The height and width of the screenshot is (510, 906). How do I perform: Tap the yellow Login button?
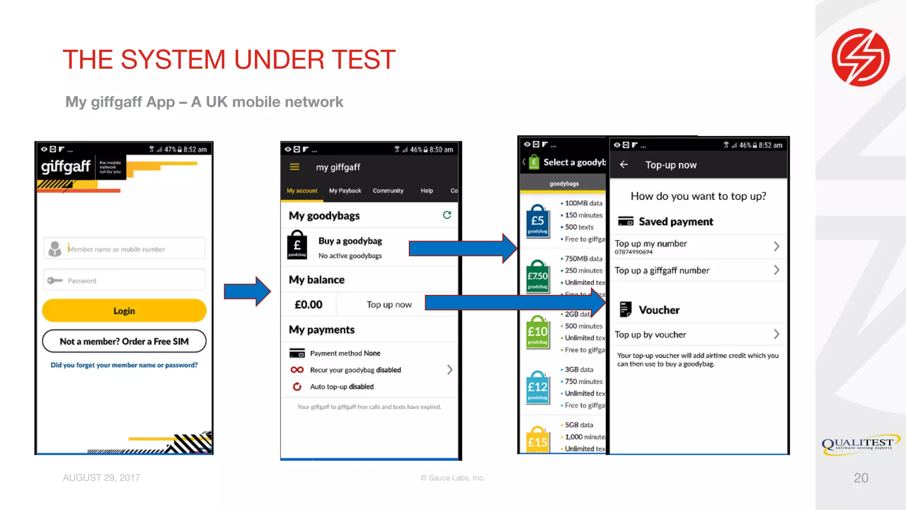tap(124, 311)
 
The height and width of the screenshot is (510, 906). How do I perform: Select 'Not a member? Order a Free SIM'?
tap(124, 341)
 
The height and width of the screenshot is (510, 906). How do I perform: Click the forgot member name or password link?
tap(124, 365)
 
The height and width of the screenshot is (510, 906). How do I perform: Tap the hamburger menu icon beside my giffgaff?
tap(295, 167)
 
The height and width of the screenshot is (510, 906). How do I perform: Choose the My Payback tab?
tap(345, 191)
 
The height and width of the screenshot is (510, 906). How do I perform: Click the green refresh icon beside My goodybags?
tap(447, 215)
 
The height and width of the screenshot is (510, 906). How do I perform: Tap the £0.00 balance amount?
tap(308, 305)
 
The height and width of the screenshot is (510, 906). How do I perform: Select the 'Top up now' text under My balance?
tap(389, 305)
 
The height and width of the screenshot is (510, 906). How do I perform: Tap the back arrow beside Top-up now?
tap(624, 165)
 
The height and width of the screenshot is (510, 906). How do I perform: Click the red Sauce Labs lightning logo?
tap(860, 58)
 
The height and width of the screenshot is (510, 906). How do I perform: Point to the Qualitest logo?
tap(860, 444)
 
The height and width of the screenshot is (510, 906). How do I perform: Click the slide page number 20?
tap(861, 478)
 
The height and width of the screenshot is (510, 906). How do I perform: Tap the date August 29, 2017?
tap(101, 478)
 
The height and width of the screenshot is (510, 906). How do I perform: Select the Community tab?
tap(388, 191)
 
